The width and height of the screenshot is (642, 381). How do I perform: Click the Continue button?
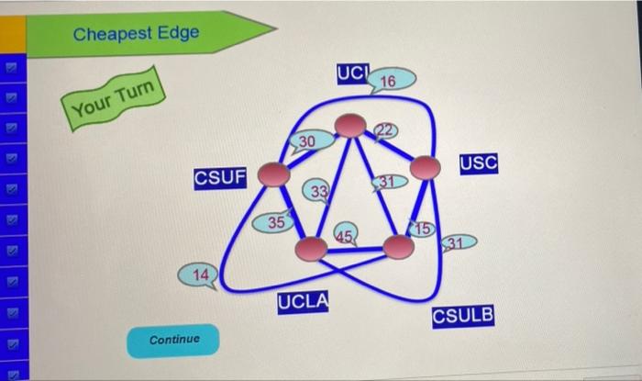coord(173,340)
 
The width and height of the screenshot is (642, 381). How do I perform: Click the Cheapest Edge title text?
coord(135,35)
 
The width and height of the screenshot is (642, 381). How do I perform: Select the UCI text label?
coord(352,73)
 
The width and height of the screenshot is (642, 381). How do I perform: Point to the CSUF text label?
coord(220,176)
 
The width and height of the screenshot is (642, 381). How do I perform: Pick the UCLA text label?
coord(304,302)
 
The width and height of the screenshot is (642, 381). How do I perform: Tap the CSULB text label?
coord(462,316)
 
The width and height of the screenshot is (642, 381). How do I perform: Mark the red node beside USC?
coord(424,167)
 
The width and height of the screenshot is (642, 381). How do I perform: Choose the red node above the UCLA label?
coord(312,249)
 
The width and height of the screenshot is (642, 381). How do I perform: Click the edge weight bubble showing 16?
coord(389,82)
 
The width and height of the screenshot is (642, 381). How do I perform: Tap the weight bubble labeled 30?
coord(306,140)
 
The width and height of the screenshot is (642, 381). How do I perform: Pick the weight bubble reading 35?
coord(275,222)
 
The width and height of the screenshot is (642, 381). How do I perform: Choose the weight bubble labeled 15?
coord(421,228)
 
